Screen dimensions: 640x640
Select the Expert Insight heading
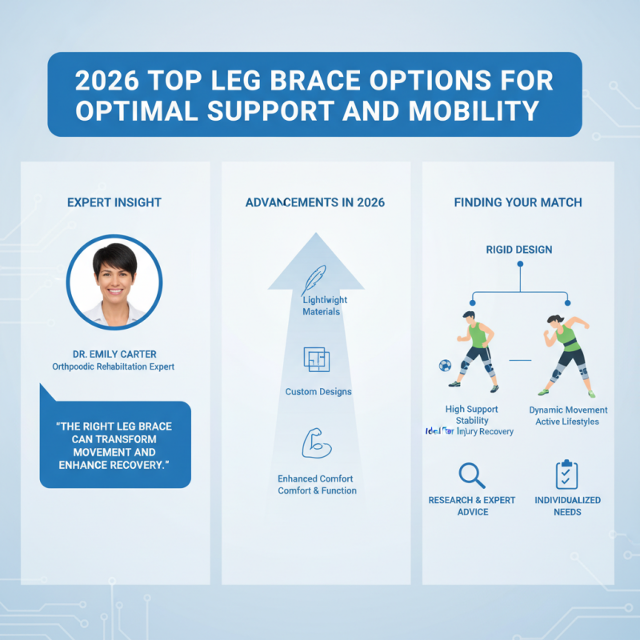click(x=114, y=202)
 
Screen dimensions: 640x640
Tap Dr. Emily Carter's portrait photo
click(x=114, y=282)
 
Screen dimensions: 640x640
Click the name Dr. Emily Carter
click(x=114, y=353)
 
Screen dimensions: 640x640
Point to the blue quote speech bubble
click(x=115, y=444)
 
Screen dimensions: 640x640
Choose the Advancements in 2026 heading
click(x=315, y=202)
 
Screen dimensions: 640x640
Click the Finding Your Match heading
click(x=518, y=202)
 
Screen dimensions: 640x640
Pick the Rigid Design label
click(x=518, y=250)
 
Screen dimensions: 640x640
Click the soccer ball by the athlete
click(x=445, y=365)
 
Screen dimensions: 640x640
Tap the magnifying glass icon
click(x=472, y=475)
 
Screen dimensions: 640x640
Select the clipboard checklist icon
click(x=566, y=474)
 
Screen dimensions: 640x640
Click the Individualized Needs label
click(x=566, y=506)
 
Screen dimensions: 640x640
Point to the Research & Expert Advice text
click(x=472, y=506)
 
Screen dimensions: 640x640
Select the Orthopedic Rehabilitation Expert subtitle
click(x=114, y=366)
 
